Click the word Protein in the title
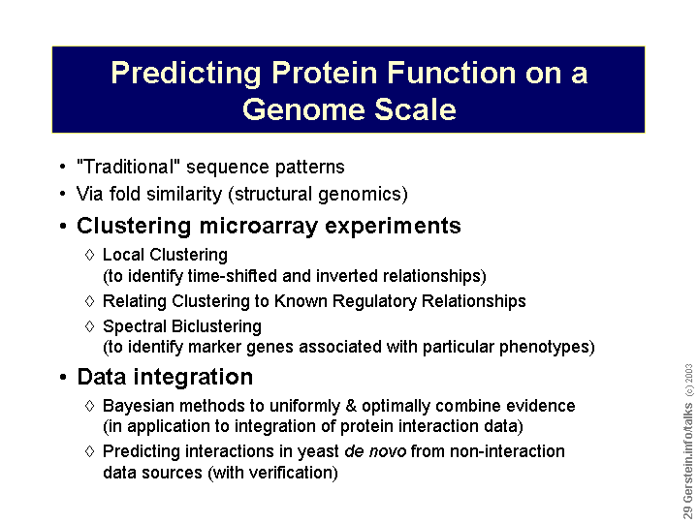(x=325, y=72)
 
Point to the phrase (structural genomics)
(x=318, y=195)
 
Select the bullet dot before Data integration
(x=63, y=377)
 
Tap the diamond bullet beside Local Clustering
(x=89, y=255)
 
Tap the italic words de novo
(x=375, y=451)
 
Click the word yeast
(x=318, y=452)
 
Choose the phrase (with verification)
(x=272, y=473)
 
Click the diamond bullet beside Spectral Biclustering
(x=89, y=326)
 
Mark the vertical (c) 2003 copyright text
(x=688, y=380)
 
